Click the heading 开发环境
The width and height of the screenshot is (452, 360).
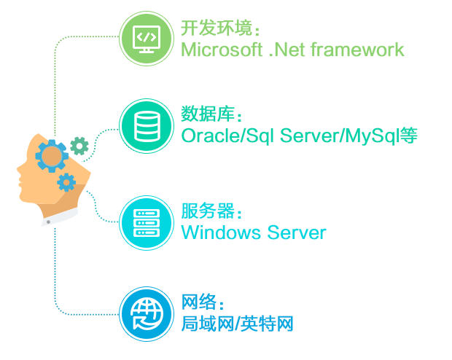[x=217, y=29]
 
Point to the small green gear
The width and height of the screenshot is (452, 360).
[x=79, y=146]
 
